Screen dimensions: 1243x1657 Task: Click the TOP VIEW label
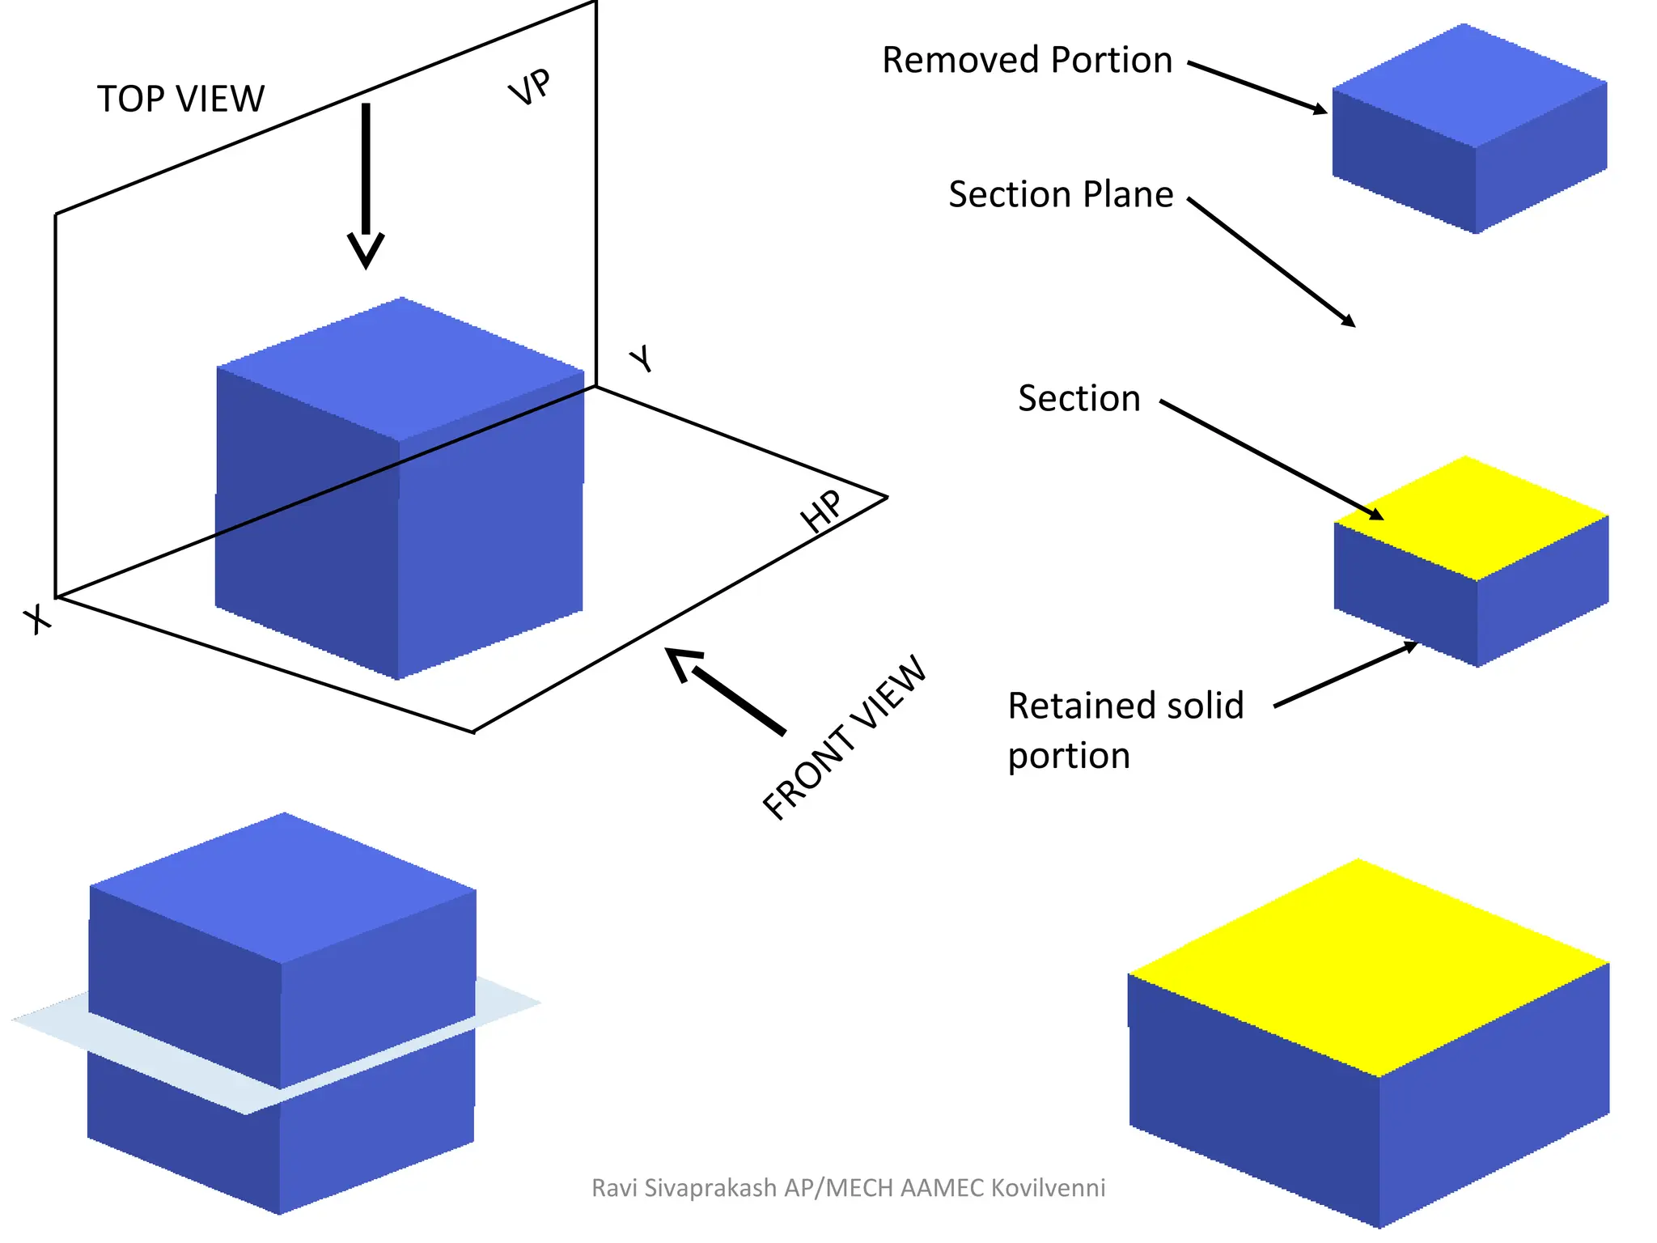[x=180, y=99]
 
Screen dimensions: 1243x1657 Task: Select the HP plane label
[x=821, y=511]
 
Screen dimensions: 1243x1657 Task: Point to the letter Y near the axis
[x=642, y=358]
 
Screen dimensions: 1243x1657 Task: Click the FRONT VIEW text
[x=845, y=737]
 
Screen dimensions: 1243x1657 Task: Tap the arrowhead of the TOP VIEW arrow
[x=366, y=250]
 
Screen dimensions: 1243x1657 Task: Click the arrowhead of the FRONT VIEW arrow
[x=681, y=662]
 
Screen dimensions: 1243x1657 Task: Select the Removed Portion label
[x=1027, y=60]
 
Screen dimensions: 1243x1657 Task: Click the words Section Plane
[x=1061, y=194]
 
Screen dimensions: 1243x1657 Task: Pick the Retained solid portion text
[x=1125, y=729]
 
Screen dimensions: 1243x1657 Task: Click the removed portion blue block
[x=1468, y=129]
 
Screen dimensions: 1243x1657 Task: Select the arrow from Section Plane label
[x=1270, y=261]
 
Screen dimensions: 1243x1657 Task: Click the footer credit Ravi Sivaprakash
[x=848, y=1188]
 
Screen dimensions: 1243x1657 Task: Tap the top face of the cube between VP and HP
[x=401, y=368]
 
